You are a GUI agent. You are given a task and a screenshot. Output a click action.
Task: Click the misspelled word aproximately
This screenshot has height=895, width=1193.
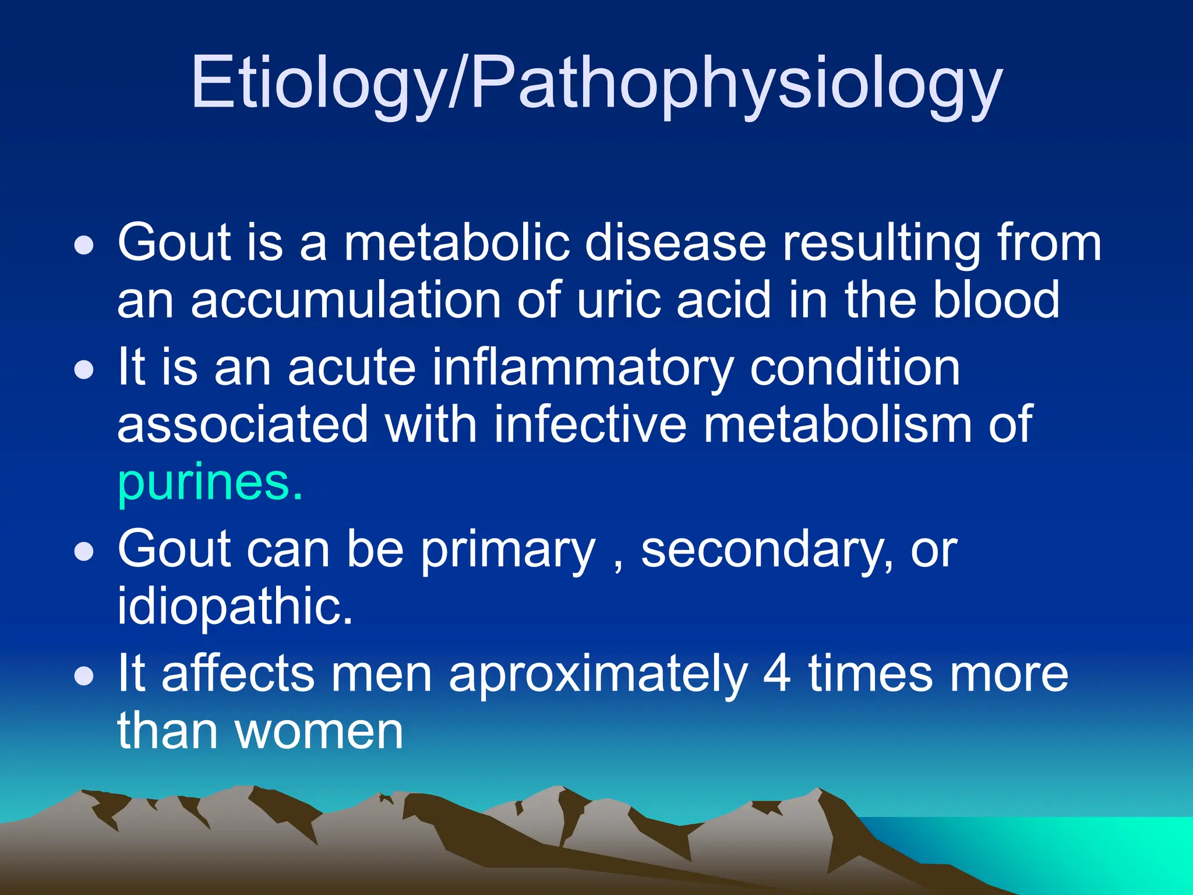coord(598,675)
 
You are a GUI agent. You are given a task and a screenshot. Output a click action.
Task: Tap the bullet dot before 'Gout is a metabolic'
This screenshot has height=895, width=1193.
coord(84,245)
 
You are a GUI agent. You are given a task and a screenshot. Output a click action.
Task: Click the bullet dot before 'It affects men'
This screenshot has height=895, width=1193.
coord(84,676)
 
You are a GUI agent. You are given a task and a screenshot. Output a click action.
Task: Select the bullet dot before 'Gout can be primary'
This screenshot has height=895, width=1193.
coord(84,552)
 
